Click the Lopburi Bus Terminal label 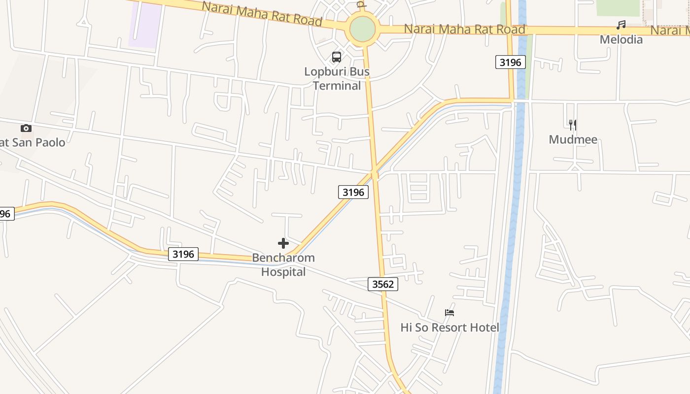337,79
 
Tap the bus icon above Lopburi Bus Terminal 337,57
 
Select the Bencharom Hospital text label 283,264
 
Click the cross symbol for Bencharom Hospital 283,243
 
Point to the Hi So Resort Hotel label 449,328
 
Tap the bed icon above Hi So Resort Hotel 449,312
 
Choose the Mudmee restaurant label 573,139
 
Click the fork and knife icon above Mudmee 572,125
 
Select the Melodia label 621,39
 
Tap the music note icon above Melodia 621,25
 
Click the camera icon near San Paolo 26,129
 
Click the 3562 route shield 383,284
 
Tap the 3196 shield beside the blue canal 510,62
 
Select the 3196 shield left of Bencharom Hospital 183,254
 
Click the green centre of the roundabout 363,30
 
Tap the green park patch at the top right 618,7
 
